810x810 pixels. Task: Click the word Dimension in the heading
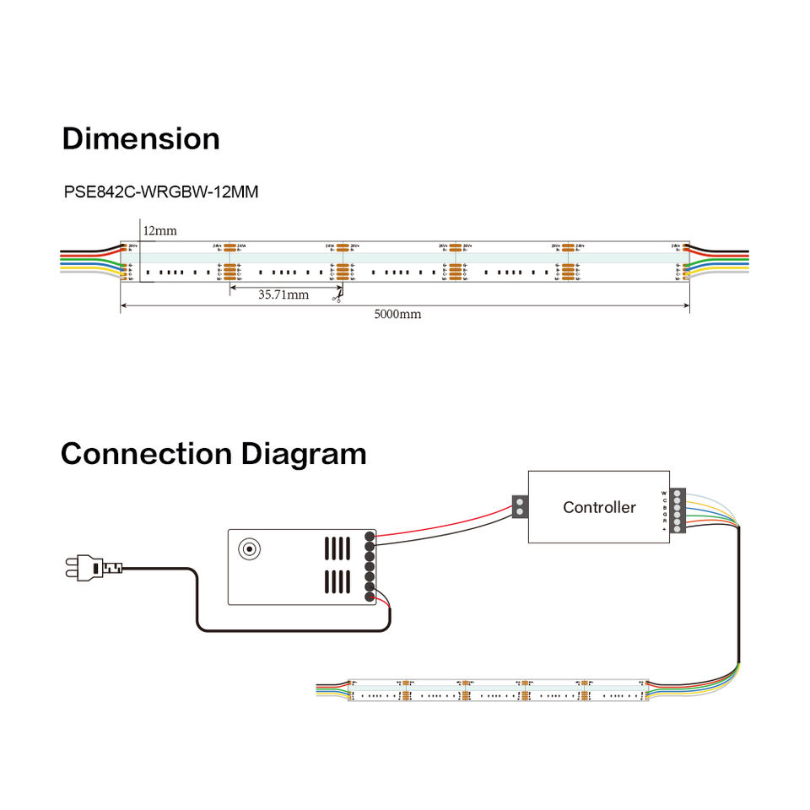(141, 139)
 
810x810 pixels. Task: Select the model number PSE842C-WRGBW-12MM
(161, 192)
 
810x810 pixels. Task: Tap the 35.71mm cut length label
(283, 294)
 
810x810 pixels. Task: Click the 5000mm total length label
(398, 314)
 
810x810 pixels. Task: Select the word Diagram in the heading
(304, 454)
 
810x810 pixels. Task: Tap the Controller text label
(599, 507)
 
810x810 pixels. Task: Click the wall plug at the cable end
(83, 569)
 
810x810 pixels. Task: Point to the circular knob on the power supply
(249, 549)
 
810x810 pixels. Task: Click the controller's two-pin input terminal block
(521, 507)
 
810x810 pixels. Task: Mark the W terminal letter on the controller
(664, 493)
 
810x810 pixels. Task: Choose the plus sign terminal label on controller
(664, 528)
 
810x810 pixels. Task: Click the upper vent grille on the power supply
(338, 549)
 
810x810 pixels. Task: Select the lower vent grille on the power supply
(338, 581)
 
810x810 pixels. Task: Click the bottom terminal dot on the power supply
(370, 597)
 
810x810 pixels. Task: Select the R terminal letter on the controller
(664, 521)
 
